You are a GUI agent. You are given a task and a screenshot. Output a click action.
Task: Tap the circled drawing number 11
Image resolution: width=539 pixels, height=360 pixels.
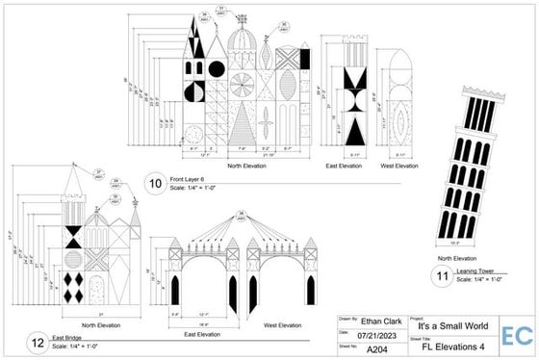[443, 276]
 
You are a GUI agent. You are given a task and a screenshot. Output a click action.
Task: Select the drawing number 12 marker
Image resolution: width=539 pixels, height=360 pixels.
[36, 340]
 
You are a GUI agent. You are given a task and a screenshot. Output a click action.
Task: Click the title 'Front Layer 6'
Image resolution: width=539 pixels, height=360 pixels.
[192, 178]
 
